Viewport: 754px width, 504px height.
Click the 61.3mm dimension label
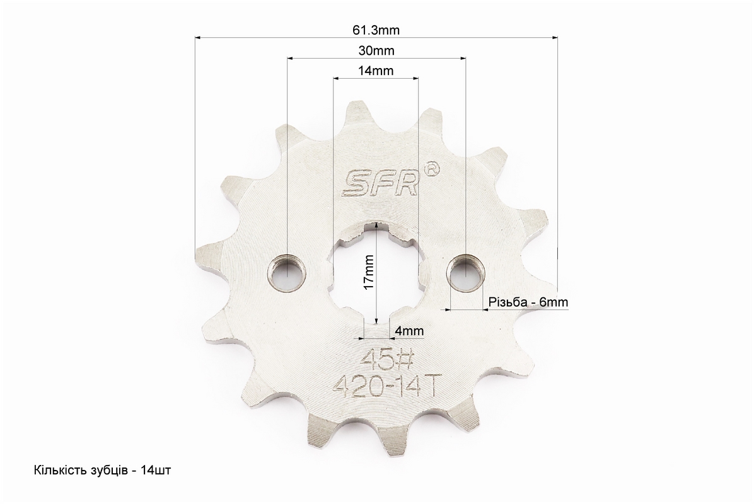click(x=376, y=30)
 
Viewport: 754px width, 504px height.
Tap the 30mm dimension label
click(x=376, y=50)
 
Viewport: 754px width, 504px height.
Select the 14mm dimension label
click(x=376, y=71)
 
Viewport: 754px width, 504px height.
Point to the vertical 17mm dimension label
click(x=369, y=272)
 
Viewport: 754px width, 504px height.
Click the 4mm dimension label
click(x=409, y=331)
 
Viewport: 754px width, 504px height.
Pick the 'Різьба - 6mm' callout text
click(x=528, y=302)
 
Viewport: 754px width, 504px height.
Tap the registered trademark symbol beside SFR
click(x=431, y=168)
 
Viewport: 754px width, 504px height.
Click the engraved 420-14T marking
click(x=385, y=386)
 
